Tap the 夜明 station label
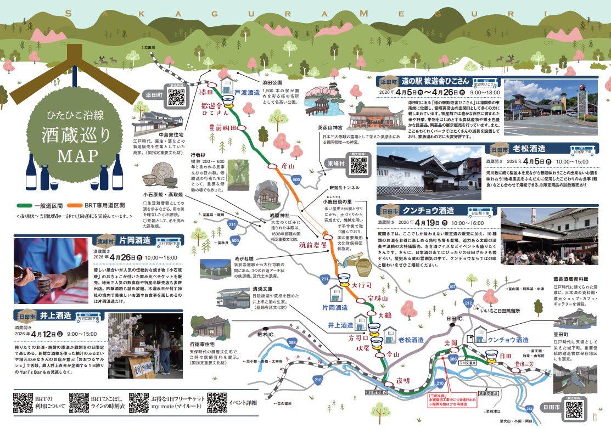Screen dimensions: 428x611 [x=403, y=380]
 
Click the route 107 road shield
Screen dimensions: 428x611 [x=452, y=286]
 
